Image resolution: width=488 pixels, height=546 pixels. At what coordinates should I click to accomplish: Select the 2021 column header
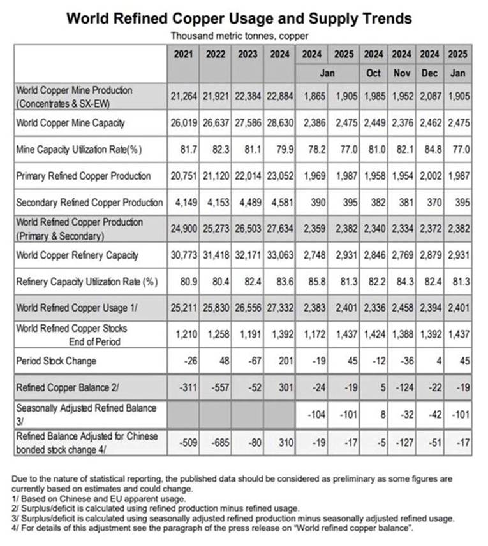pyautogui.click(x=182, y=54)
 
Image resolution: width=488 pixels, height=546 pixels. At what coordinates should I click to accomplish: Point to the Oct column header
pyautogui.click(x=373, y=73)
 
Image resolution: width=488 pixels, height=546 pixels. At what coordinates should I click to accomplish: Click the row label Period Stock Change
pyautogui.click(x=56, y=361)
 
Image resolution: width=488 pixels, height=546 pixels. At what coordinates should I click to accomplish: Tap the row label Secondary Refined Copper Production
pyautogui.click(x=89, y=203)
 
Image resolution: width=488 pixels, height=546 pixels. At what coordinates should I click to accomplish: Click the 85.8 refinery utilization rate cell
pyautogui.click(x=314, y=282)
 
